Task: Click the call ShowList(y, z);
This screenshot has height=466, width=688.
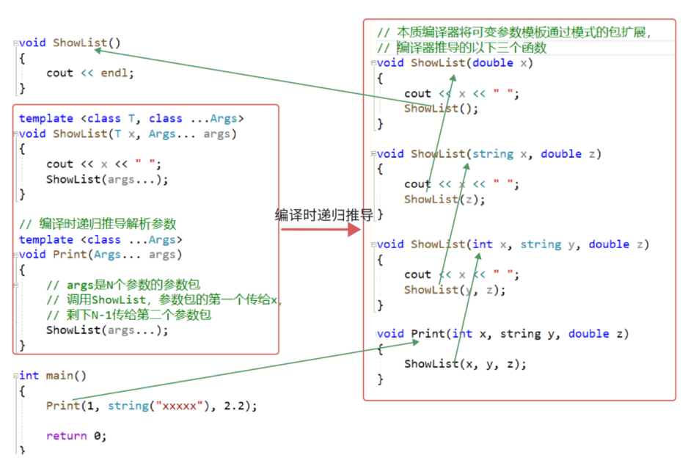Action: [x=455, y=290]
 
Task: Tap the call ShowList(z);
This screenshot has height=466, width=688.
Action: [x=444, y=199]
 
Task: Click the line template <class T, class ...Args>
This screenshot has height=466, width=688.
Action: [x=131, y=118]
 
